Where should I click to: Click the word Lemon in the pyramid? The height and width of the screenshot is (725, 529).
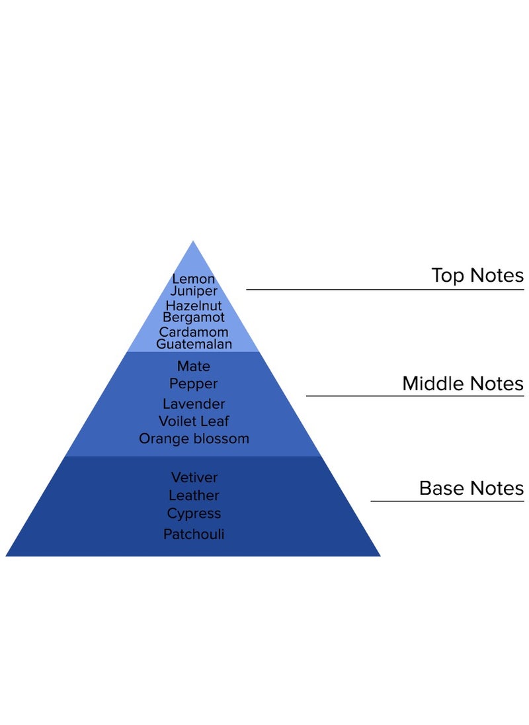(x=194, y=279)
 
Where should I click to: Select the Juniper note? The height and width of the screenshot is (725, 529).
(x=194, y=291)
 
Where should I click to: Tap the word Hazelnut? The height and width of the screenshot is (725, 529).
(x=194, y=306)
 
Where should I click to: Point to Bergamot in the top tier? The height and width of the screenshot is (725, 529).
(x=194, y=318)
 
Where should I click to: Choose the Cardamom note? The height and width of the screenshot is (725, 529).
(x=194, y=332)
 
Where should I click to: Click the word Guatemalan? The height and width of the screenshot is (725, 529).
(x=194, y=344)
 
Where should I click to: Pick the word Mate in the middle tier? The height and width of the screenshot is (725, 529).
(x=194, y=366)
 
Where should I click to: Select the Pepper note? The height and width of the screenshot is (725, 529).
(x=194, y=384)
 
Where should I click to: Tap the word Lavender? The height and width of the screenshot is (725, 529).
(x=194, y=404)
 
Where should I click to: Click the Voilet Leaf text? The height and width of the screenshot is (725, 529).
(x=194, y=421)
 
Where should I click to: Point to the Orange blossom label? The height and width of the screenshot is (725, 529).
(x=194, y=439)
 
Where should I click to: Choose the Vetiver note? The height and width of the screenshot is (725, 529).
(x=194, y=477)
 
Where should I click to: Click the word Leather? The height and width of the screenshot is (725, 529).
(x=194, y=495)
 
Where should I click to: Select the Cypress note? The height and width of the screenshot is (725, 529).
(x=194, y=513)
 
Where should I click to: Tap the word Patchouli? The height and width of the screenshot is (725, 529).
(x=194, y=534)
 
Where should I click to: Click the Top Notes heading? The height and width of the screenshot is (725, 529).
(x=477, y=275)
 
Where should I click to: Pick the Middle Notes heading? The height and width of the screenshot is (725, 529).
(x=463, y=384)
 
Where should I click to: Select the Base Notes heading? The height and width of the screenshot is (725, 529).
(x=471, y=488)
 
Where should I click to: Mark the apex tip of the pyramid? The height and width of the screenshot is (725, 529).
(x=193, y=242)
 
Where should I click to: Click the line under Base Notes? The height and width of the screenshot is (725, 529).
(x=447, y=501)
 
